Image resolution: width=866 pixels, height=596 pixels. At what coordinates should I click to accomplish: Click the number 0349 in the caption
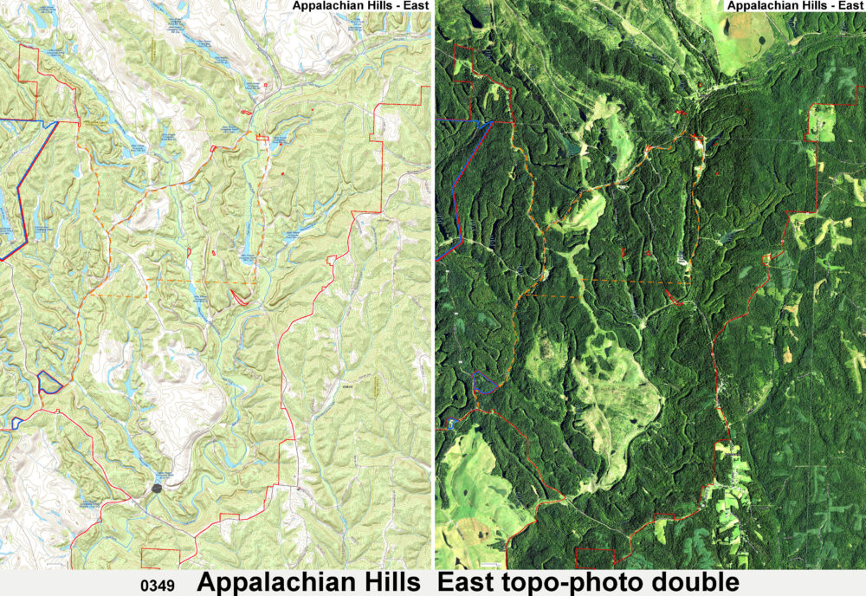tap(157, 586)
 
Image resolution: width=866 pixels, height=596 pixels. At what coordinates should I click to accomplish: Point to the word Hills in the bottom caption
tap(386, 582)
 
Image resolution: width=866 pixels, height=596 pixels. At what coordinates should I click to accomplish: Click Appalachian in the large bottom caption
tap(271, 582)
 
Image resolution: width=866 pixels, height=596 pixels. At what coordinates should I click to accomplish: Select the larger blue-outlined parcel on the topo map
tap(49, 381)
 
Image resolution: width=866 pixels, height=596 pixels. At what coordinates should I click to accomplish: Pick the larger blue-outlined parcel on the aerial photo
tap(485, 381)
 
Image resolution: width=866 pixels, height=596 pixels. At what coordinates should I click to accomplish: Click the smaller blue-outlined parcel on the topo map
tap(16, 422)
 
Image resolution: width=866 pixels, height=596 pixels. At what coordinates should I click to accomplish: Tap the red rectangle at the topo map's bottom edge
tap(160, 559)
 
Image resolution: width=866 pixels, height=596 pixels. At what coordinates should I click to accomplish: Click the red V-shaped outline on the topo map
tap(240, 297)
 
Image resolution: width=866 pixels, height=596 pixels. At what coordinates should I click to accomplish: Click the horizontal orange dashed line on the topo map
tap(173, 283)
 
